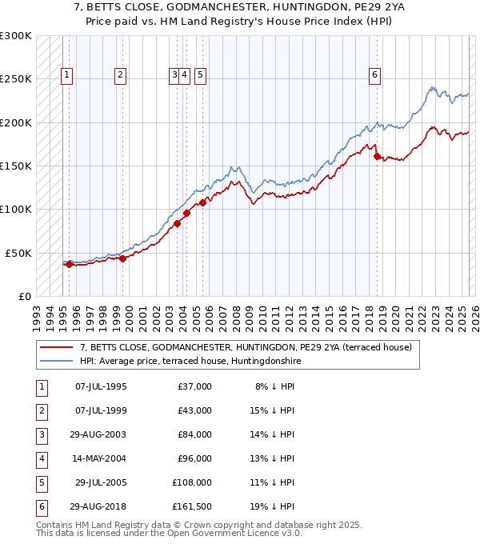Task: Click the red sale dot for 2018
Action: (377, 156)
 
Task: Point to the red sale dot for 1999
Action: (122, 258)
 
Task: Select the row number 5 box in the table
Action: (40, 482)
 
